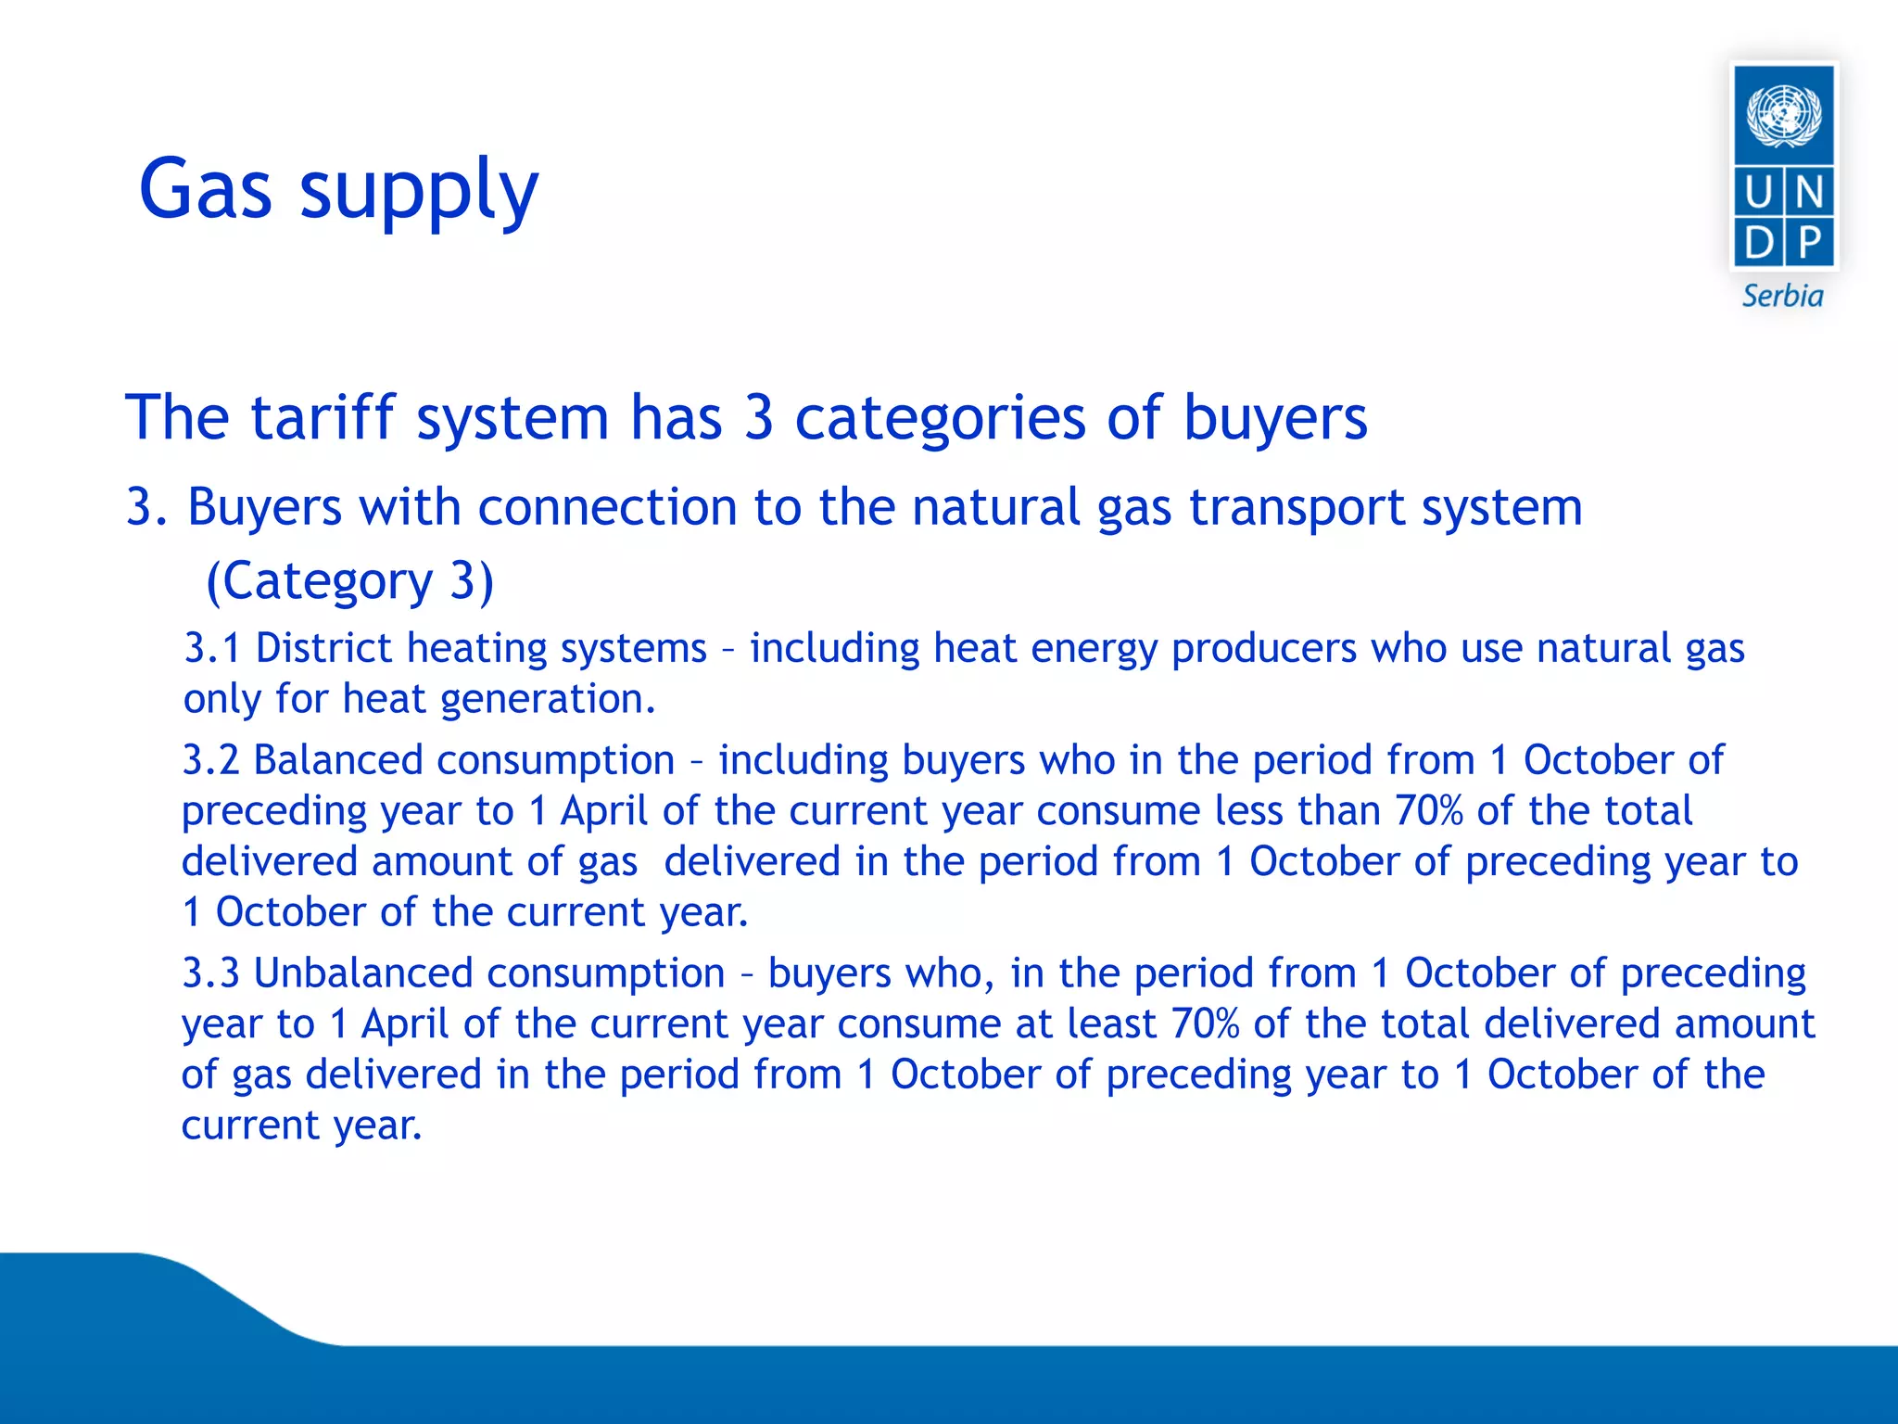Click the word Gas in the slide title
206,189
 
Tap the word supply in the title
418,193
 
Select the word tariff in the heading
323,417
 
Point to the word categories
940,419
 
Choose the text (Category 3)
349,581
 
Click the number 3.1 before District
212,648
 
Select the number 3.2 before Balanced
210,760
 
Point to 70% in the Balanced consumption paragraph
1428,811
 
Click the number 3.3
210,973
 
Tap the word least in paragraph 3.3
1112,1024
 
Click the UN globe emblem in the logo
1783,115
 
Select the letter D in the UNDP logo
1758,243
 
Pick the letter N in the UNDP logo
1809,193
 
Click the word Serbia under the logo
1782,297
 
